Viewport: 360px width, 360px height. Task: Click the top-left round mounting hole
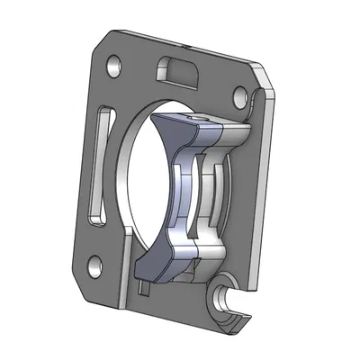coord(113,67)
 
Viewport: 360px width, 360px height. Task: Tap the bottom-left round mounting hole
coord(94,264)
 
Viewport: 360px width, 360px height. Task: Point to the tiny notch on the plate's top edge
coord(184,40)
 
